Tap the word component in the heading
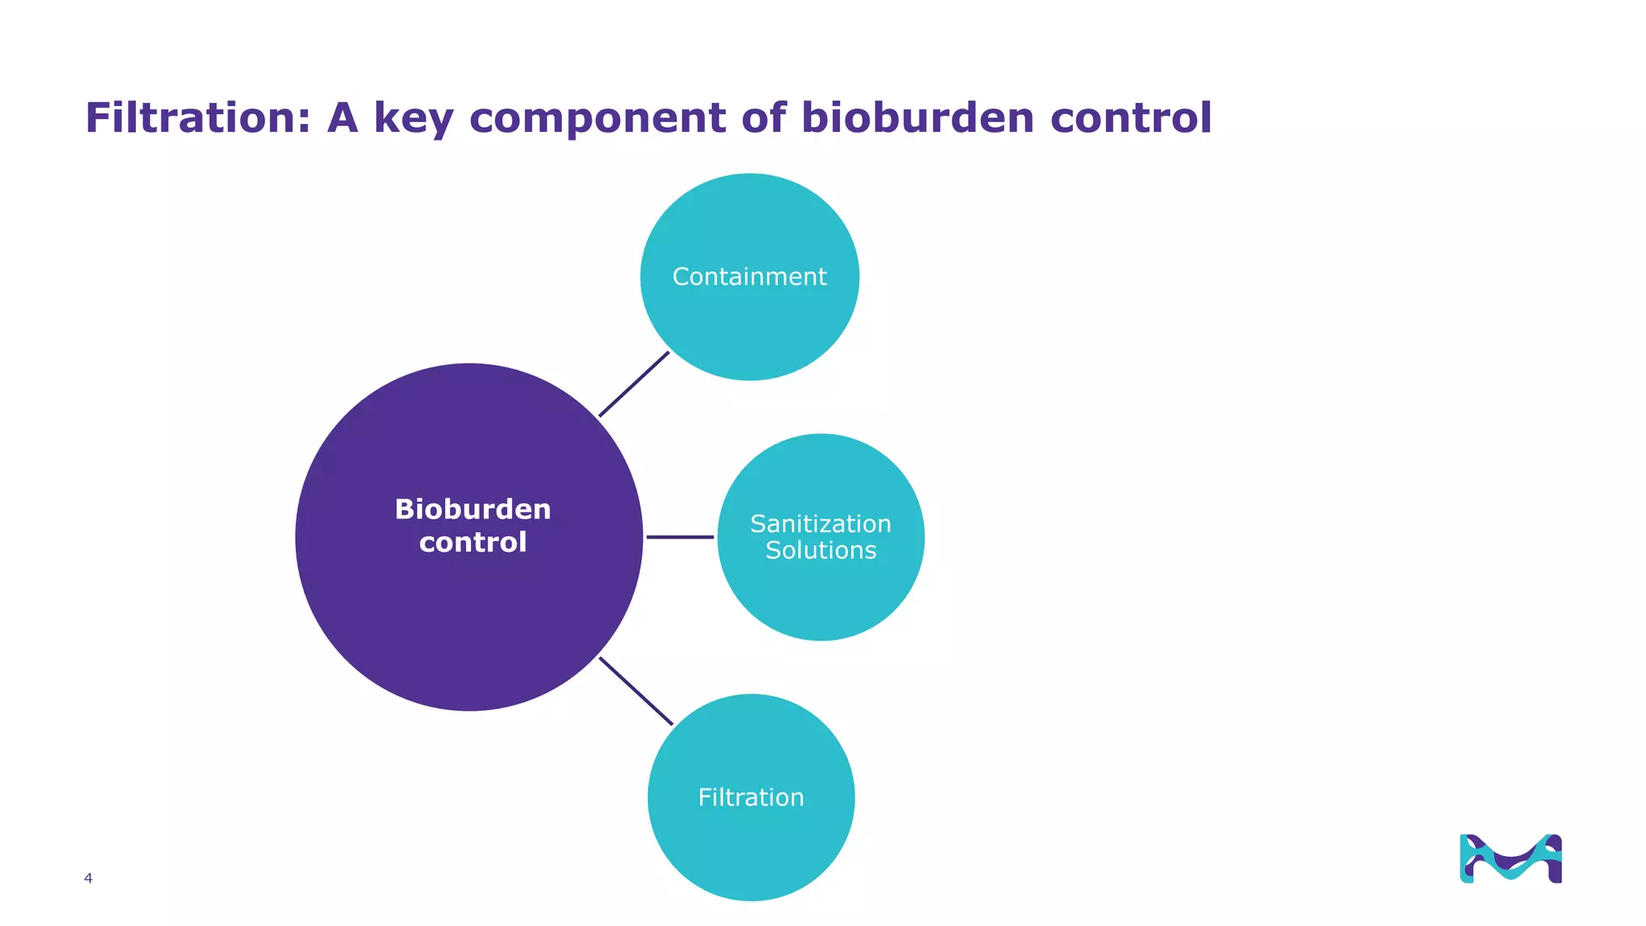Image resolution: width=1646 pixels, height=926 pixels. [x=597, y=118]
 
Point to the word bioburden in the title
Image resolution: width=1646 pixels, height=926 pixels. [x=917, y=118]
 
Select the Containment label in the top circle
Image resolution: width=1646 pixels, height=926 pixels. [x=749, y=277]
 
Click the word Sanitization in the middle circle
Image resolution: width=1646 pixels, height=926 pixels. [x=821, y=524]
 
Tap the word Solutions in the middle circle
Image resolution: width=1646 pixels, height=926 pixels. [x=821, y=551]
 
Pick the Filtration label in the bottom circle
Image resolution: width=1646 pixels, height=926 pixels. [x=751, y=797]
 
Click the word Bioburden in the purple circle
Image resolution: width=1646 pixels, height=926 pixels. [x=473, y=510]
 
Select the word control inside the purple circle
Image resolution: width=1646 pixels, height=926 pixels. [x=473, y=543]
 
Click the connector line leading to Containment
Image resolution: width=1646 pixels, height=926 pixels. [x=634, y=384]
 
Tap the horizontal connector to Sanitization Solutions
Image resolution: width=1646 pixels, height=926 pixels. [x=680, y=537]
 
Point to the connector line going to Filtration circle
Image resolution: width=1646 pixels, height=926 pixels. [x=636, y=691]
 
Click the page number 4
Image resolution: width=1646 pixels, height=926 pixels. [x=88, y=879]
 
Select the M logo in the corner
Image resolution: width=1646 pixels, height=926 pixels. [x=1510, y=858]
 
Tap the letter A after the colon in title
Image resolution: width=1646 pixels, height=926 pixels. [x=342, y=118]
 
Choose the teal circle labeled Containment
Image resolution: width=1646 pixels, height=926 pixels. [x=749, y=217]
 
